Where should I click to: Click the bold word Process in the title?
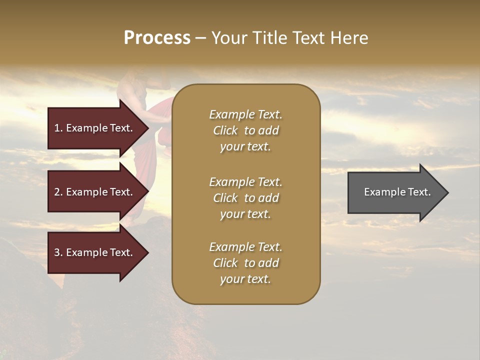pyautogui.click(x=157, y=38)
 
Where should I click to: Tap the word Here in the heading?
pyautogui.click(x=349, y=38)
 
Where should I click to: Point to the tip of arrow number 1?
pyautogui.click(x=147, y=128)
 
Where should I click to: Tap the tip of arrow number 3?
pyautogui.click(x=147, y=252)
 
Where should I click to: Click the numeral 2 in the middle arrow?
pyautogui.click(x=57, y=192)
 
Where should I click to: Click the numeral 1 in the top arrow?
pyautogui.click(x=57, y=128)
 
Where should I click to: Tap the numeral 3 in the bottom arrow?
pyautogui.click(x=57, y=252)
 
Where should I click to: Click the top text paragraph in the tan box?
pyautogui.click(x=245, y=130)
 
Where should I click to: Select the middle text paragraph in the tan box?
pyautogui.click(x=245, y=198)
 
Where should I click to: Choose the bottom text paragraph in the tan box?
pyautogui.click(x=245, y=263)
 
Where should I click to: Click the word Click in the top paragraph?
pyautogui.click(x=225, y=130)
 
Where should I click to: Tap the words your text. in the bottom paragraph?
pyautogui.click(x=245, y=279)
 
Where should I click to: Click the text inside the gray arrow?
pyautogui.click(x=397, y=192)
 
